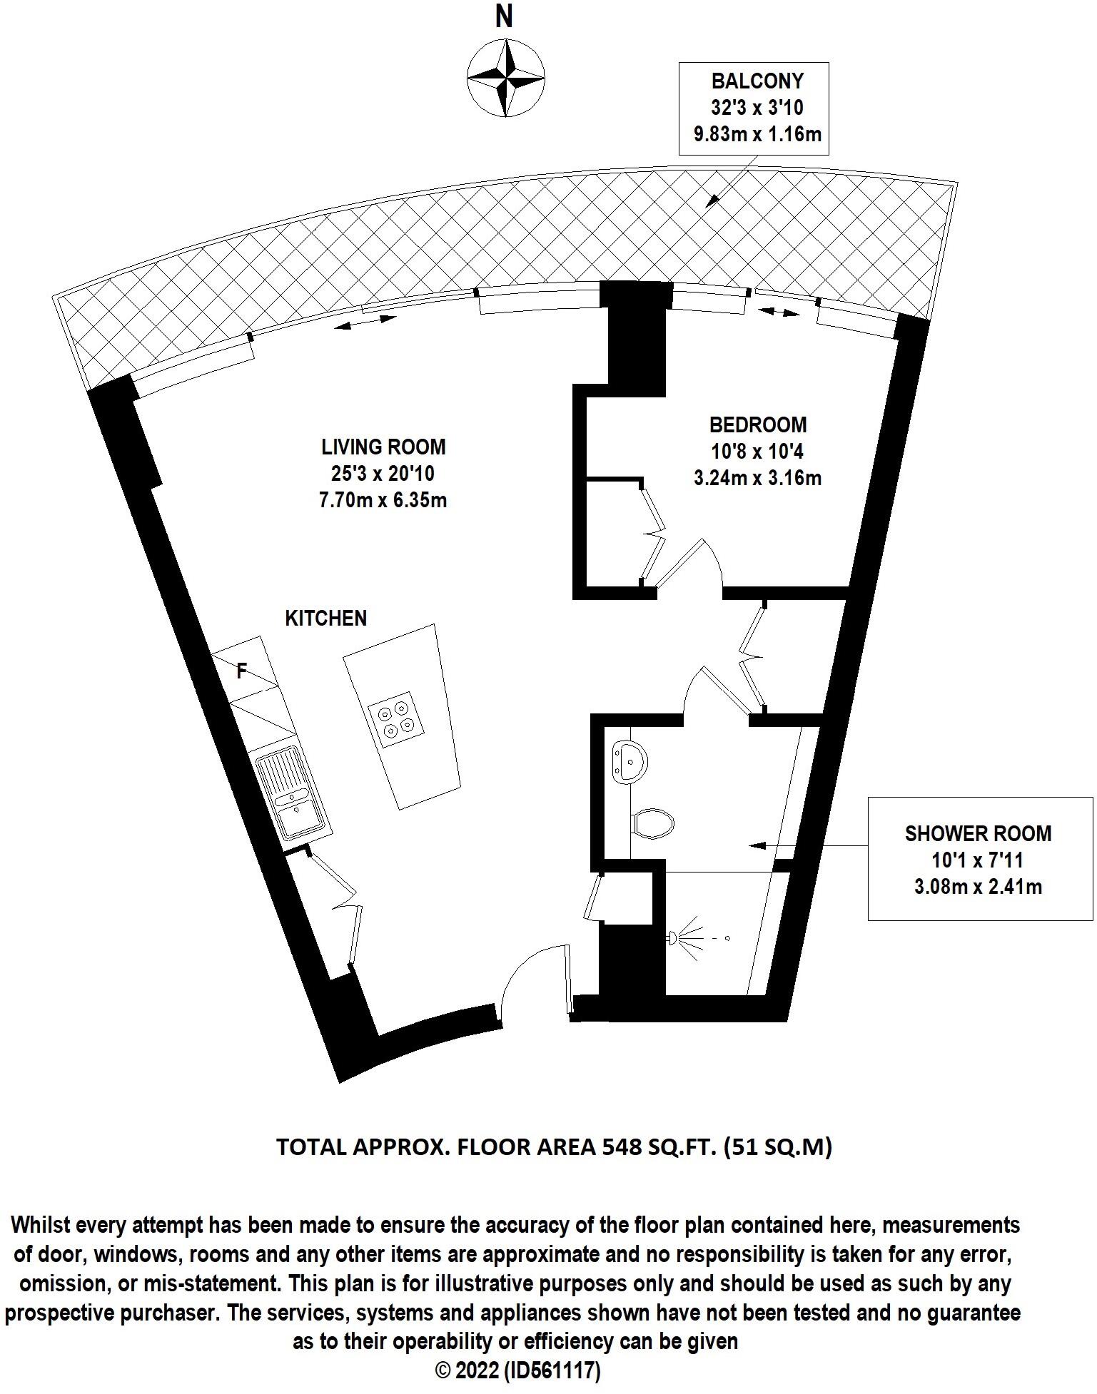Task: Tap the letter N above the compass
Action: [x=505, y=17]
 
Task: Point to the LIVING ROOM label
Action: [x=383, y=447]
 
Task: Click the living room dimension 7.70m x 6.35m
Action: [x=383, y=500]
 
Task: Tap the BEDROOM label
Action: [x=758, y=425]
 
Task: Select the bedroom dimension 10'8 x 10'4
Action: [x=758, y=452]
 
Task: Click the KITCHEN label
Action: [x=326, y=619]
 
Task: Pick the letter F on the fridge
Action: [x=242, y=671]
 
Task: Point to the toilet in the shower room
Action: [x=653, y=823]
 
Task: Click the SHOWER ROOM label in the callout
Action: [x=978, y=833]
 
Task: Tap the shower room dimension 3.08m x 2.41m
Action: [x=978, y=887]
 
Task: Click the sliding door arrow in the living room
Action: [x=365, y=322]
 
